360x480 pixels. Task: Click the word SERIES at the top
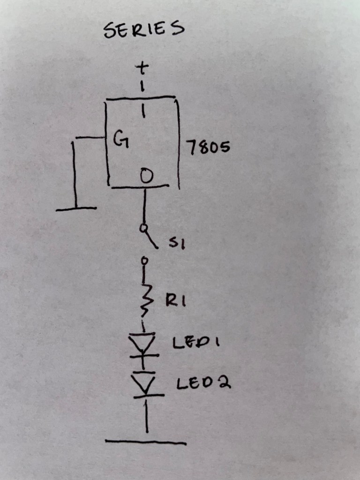pos(143,30)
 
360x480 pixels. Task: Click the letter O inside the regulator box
pos(146,177)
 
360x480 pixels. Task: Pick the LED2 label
pos(203,384)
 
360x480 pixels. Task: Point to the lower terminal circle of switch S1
pos(145,260)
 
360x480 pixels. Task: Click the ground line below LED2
pos(145,442)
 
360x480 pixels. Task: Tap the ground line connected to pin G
pos(76,209)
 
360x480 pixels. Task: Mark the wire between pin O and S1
pos(144,206)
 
